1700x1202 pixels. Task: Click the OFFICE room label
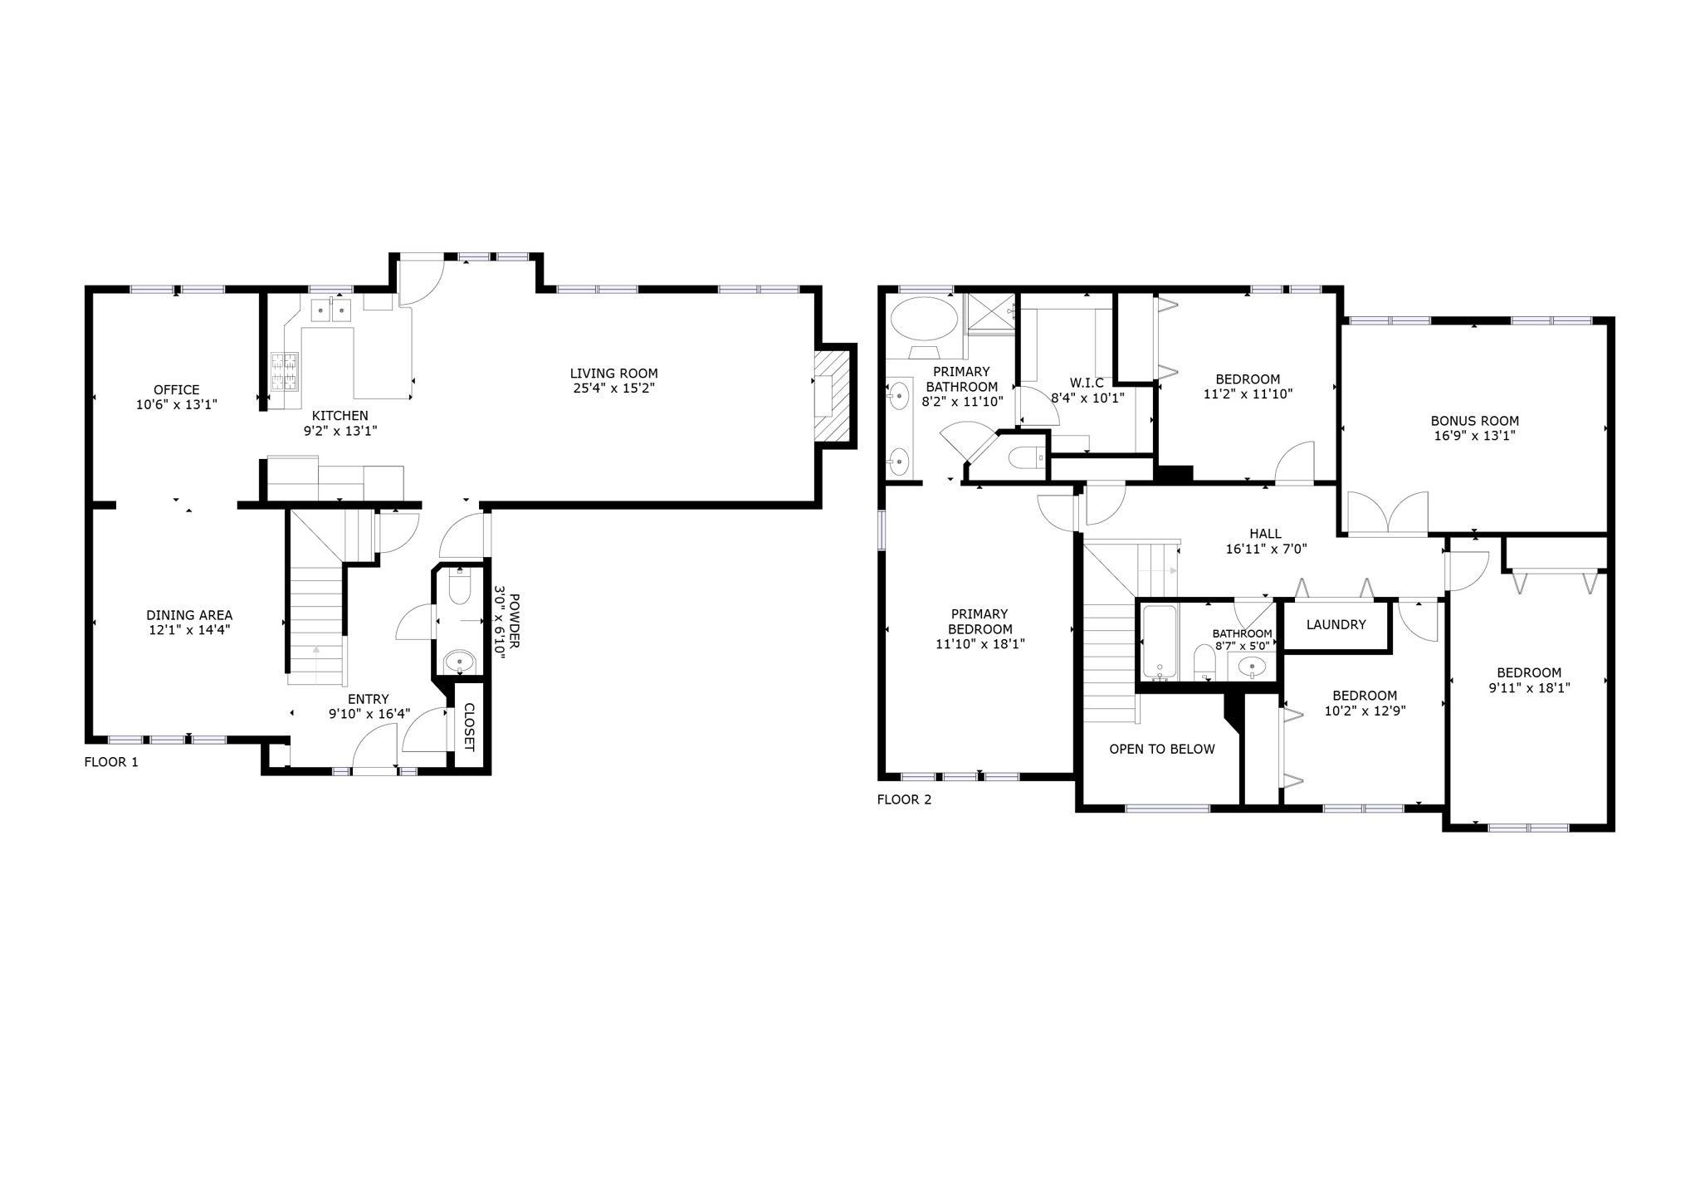[x=176, y=389]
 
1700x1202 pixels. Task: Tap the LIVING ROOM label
[x=613, y=374]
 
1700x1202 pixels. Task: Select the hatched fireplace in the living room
[x=833, y=397]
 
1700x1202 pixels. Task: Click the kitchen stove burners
[x=284, y=371]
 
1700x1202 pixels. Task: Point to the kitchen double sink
[x=331, y=310]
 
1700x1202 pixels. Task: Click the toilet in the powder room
[x=459, y=586]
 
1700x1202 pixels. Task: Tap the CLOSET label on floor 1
[x=468, y=727]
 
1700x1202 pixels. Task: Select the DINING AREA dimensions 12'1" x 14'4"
[x=189, y=630]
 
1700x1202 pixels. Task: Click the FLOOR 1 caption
[x=111, y=762]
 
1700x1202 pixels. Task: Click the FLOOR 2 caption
[x=904, y=799]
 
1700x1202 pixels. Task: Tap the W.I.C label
[x=1087, y=383]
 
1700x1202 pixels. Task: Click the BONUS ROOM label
[x=1474, y=421]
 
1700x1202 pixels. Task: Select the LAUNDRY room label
[x=1336, y=624]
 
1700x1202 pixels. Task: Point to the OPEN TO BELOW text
[x=1162, y=749]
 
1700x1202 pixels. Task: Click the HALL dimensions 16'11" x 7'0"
[x=1266, y=549]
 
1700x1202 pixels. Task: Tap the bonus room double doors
[x=1388, y=513]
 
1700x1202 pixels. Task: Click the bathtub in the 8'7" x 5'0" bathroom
[x=1160, y=643]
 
